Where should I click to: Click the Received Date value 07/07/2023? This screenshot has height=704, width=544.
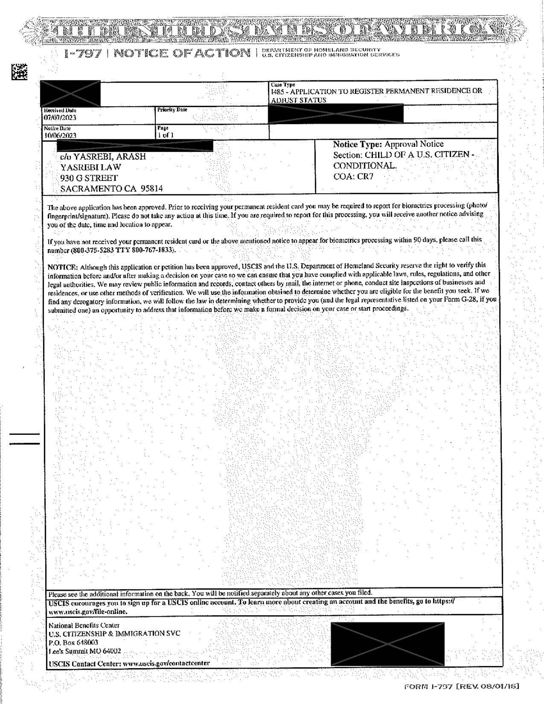(60, 118)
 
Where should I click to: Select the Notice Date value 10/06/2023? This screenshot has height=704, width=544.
(60, 136)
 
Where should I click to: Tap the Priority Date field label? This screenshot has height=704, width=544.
(172, 110)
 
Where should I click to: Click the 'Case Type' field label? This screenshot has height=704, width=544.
(283, 84)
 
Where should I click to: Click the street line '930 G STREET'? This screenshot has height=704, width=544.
(89, 178)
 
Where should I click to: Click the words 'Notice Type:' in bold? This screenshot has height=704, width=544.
(358, 144)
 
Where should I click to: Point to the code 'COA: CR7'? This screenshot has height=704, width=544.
(353, 177)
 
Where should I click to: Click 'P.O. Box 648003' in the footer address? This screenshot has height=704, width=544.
(73, 642)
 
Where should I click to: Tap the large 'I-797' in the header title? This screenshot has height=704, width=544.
(83, 54)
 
